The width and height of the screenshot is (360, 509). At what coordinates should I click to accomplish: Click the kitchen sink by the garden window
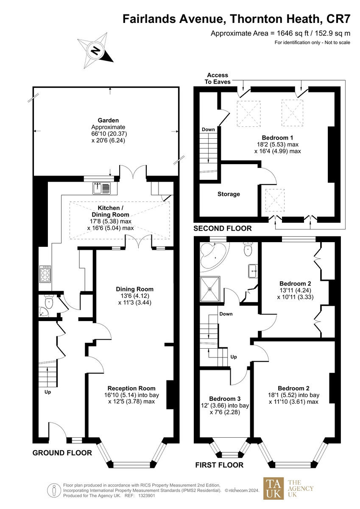101,187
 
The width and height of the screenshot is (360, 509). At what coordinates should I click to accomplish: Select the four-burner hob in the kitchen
45,274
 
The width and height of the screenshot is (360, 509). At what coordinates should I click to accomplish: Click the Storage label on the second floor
229,194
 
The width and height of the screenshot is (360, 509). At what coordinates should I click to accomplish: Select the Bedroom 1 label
277,138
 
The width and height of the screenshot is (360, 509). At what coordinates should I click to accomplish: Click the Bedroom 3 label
225,399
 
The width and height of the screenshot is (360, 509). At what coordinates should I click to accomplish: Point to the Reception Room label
131,388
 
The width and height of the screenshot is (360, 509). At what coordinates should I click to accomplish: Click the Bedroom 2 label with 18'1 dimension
293,388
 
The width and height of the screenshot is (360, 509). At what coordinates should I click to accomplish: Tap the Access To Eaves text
218,78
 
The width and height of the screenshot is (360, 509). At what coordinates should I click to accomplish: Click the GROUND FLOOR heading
62,453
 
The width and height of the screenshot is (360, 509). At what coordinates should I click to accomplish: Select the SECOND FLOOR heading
223,229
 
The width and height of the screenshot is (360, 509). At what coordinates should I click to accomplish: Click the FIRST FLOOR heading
219,465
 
